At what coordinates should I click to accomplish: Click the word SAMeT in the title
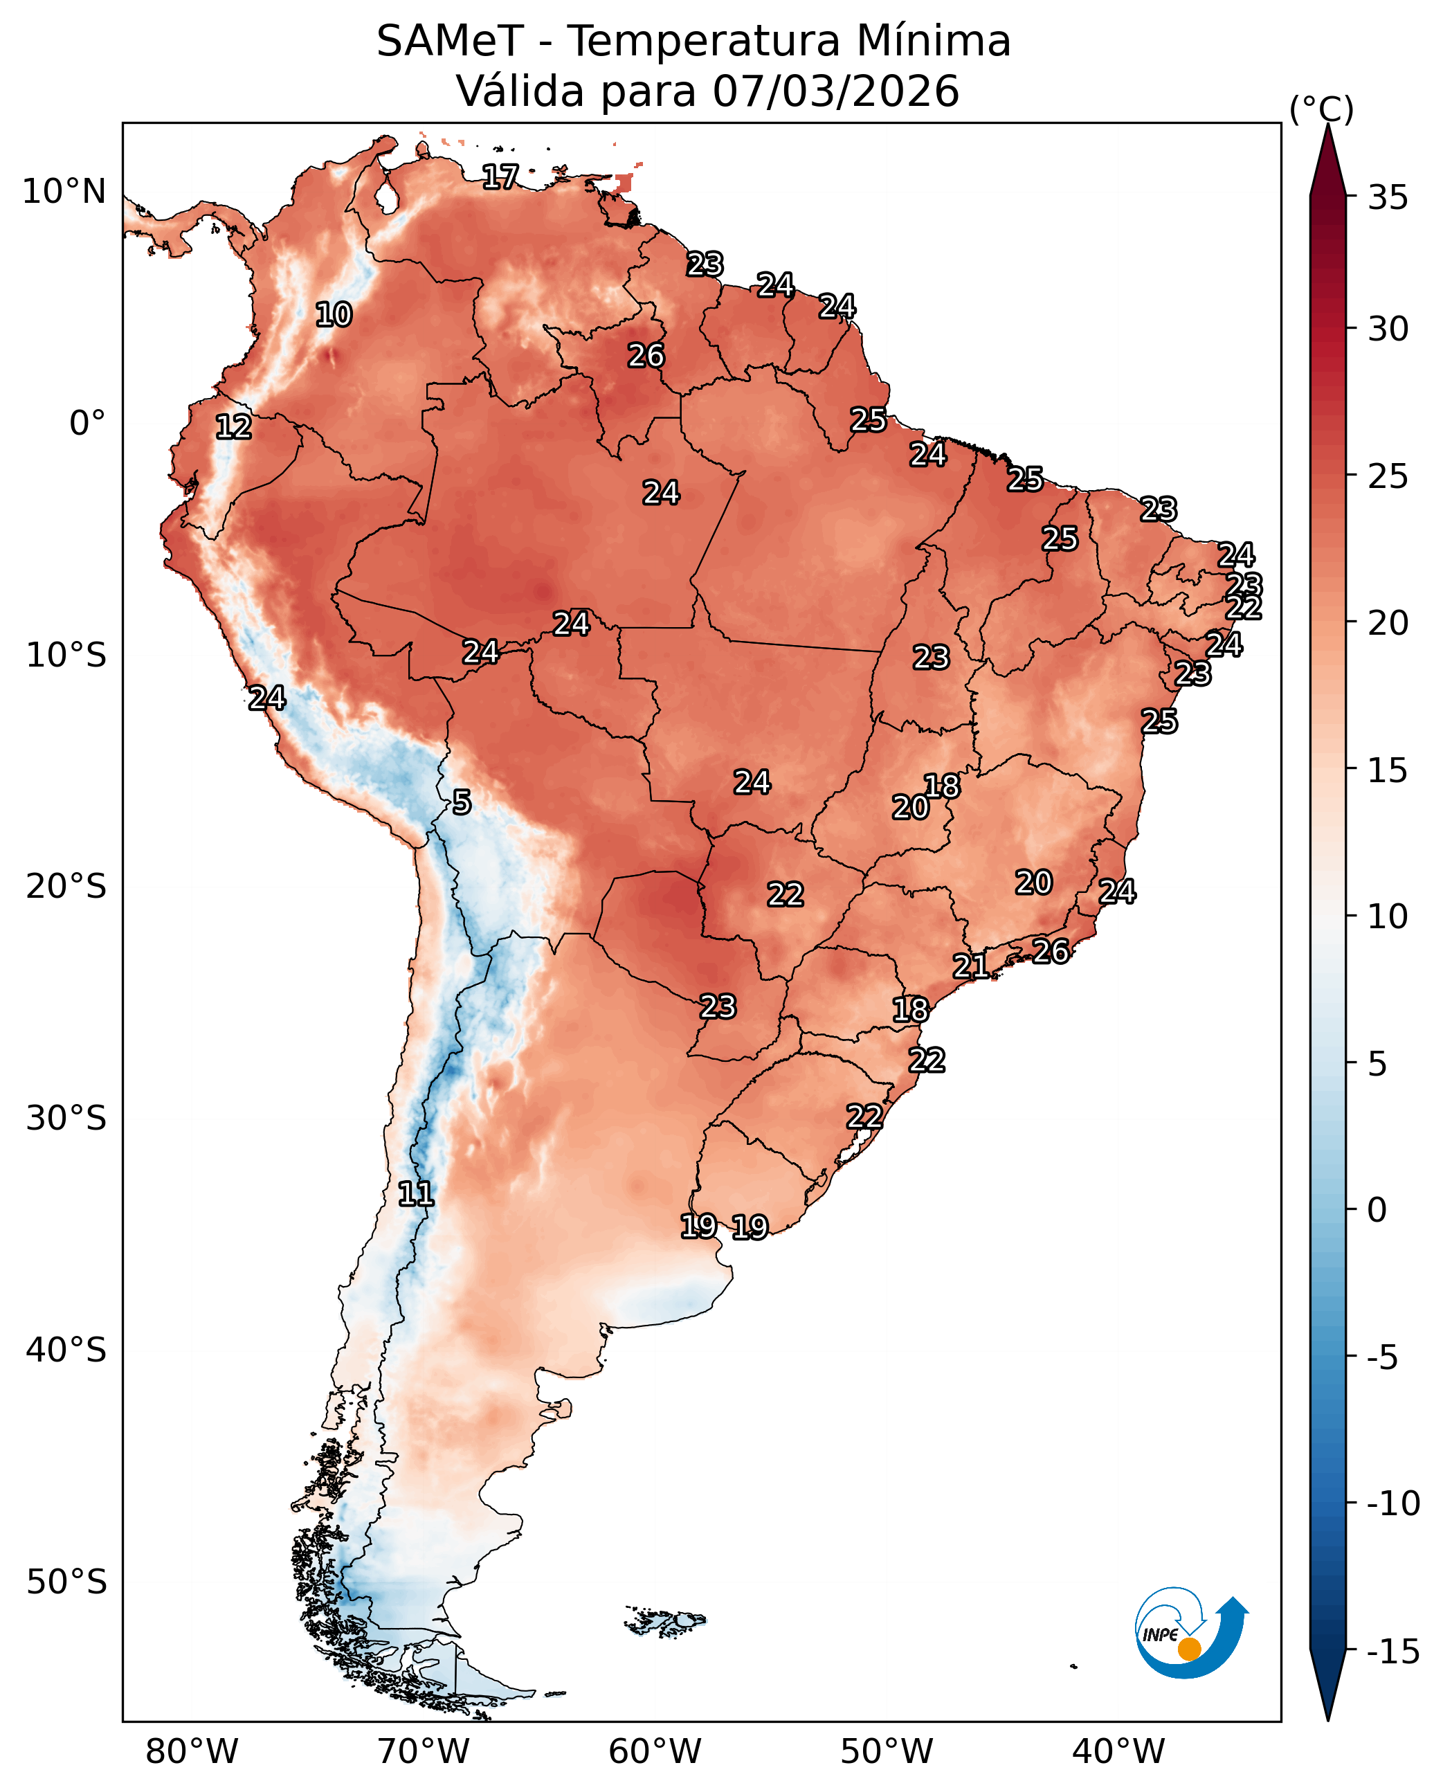pyautogui.click(x=450, y=42)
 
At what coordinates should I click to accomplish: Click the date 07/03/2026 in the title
pyautogui.click(x=835, y=91)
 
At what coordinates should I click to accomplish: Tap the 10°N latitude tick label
pyautogui.click(x=64, y=192)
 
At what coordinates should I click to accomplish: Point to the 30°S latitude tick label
pyautogui.click(x=66, y=1118)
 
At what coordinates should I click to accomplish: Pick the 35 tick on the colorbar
pyautogui.click(x=1388, y=198)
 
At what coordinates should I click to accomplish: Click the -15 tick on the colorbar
pyautogui.click(x=1393, y=1652)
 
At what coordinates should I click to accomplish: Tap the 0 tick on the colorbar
pyautogui.click(x=1377, y=1211)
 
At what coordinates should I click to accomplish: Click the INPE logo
pyautogui.click(x=1190, y=1634)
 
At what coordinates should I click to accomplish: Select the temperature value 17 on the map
pyautogui.click(x=500, y=177)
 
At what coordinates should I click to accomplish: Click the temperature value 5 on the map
pyautogui.click(x=462, y=802)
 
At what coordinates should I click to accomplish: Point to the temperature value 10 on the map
pyautogui.click(x=334, y=315)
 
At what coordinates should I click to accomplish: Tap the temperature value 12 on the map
pyautogui.click(x=233, y=427)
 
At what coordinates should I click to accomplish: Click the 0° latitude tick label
pyautogui.click(x=87, y=423)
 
